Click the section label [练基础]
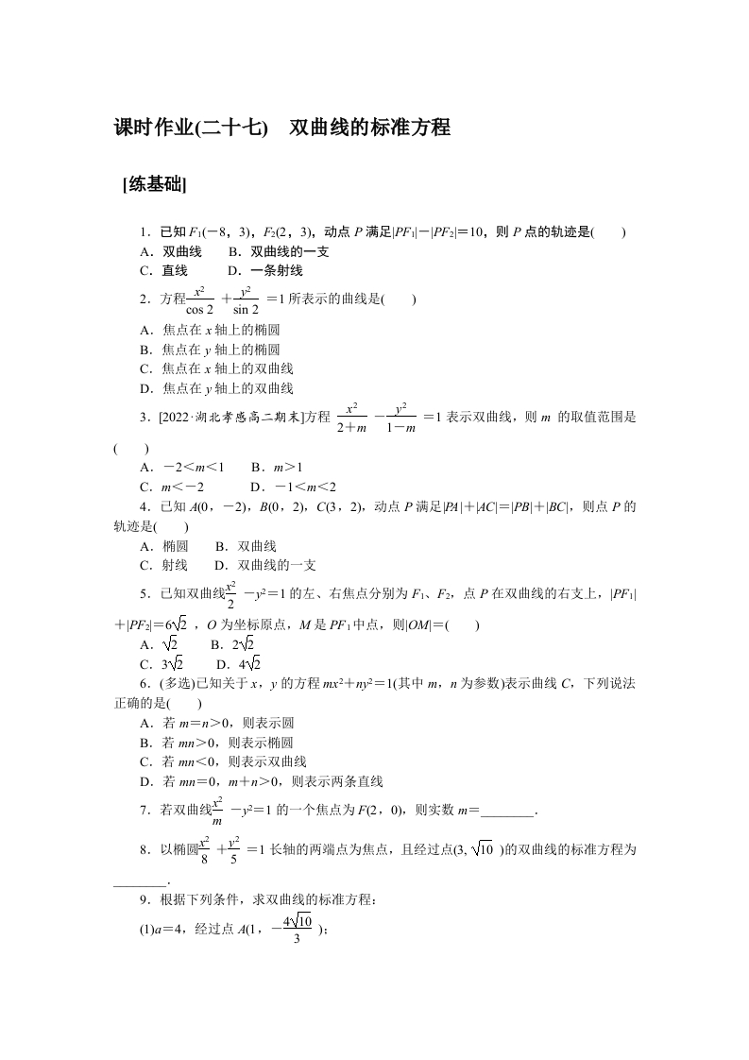(154, 186)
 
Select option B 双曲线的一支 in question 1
(275, 252)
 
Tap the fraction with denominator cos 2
(199, 299)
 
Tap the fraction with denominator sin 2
(245, 299)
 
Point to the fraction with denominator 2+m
(350, 418)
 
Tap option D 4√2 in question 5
(237, 663)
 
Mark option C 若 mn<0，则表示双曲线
(222, 761)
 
